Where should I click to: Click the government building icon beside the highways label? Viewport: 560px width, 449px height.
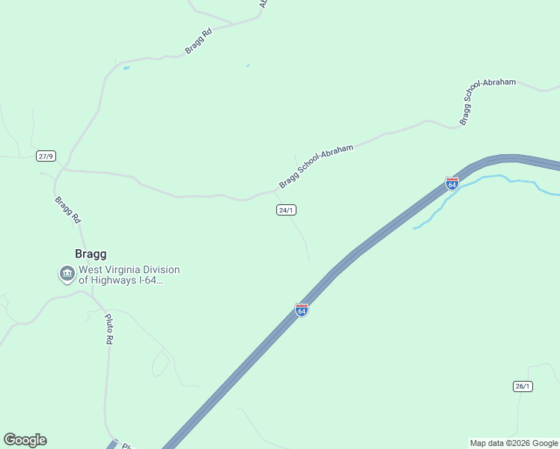pos(67,275)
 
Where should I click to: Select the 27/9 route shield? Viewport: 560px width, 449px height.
pos(46,156)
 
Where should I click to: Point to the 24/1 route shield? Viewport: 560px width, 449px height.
pos(286,210)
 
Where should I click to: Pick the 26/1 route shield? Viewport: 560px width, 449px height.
pos(523,386)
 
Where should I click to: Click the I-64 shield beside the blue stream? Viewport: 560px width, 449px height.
pos(451,183)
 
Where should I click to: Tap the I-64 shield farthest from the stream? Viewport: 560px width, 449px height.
pos(301,309)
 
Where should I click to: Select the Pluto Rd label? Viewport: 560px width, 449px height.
pos(109,329)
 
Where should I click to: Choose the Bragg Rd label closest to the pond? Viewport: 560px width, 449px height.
pos(198,42)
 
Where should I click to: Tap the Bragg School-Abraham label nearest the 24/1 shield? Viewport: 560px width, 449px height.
pos(315,166)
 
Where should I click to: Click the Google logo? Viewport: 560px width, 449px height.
pos(25,440)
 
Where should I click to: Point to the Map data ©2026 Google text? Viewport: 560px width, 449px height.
pos(514,443)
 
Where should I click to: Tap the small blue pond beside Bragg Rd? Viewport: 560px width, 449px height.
pos(126,68)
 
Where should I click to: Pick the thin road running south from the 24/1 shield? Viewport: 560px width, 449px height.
pos(302,236)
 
